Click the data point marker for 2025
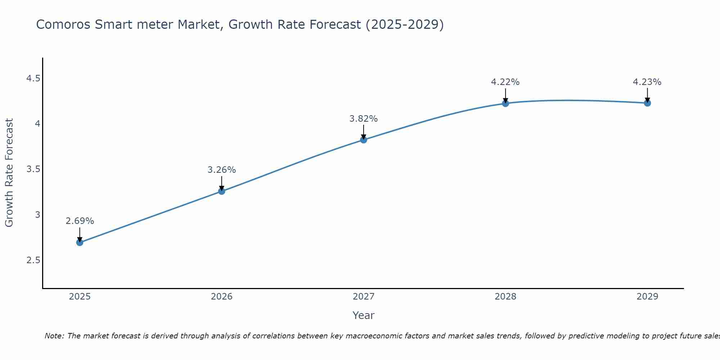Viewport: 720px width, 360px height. point(80,242)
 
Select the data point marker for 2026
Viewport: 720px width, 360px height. point(222,191)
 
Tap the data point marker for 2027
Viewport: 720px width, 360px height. point(364,140)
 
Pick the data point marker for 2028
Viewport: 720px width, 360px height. point(505,103)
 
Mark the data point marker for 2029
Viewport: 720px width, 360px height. point(647,103)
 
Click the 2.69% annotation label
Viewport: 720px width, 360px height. point(80,221)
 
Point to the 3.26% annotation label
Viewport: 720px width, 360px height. point(222,170)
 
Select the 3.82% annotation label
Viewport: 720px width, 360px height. point(364,119)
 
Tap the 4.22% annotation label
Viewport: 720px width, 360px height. point(505,82)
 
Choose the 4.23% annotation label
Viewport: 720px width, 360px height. point(647,82)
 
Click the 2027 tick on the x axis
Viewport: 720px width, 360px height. point(364,297)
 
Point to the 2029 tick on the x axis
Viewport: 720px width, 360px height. point(647,297)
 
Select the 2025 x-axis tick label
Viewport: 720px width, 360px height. point(80,297)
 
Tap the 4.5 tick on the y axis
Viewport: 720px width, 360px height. point(33,78)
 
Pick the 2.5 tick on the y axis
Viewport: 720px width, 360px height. point(33,260)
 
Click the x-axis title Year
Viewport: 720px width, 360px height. point(364,315)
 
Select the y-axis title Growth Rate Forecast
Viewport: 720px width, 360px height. point(9,173)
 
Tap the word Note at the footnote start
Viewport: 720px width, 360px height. point(54,336)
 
